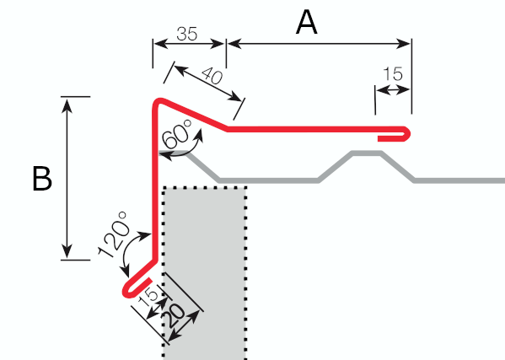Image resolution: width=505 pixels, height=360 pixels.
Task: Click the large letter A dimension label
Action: point(307,22)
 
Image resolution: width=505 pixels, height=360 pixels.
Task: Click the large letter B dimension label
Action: point(42,178)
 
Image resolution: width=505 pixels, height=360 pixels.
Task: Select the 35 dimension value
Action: point(187,34)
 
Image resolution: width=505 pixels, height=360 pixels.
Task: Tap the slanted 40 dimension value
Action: point(212,77)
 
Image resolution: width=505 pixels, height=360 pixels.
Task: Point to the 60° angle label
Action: point(177,134)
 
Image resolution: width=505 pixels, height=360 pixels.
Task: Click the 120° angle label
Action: point(114,234)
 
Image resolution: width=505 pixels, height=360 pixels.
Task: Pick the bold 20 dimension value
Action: point(175,316)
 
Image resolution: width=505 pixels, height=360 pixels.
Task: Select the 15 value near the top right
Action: point(393,73)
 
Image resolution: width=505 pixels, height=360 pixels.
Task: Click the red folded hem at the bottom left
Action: point(135,286)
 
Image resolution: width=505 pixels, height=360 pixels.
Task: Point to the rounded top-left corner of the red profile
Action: point(157,103)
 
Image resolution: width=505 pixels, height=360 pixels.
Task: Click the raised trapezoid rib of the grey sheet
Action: point(367,153)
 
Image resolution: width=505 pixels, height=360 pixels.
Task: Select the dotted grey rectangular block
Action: point(205,272)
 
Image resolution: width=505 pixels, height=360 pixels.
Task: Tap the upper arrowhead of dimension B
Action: point(67,105)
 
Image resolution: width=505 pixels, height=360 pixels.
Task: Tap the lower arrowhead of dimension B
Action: point(67,251)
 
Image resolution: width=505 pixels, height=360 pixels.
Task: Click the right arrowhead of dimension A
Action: point(403,44)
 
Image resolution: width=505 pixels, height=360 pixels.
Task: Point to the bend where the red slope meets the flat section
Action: point(227,129)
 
